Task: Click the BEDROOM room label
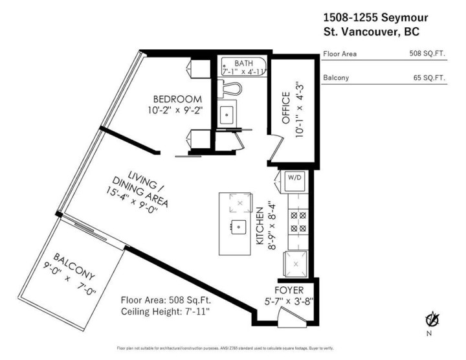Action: pos(173,99)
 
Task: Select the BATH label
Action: pos(243,63)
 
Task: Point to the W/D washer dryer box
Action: pos(293,181)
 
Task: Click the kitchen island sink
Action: pos(239,227)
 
